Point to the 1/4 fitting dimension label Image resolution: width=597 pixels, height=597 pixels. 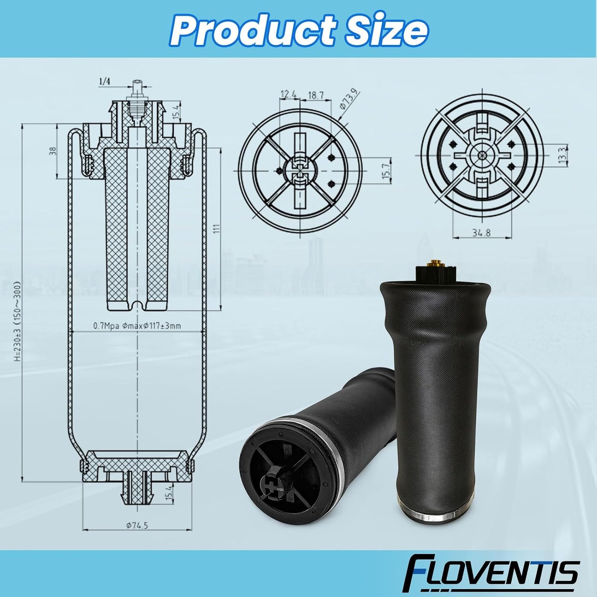pyautogui.click(x=105, y=81)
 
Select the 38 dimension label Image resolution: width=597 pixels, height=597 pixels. pyautogui.click(x=53, y=151)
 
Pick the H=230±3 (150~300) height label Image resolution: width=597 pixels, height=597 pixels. pyautogui.click(x=17, y=321)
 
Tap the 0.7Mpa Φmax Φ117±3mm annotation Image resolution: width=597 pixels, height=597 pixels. pyautogui.click(x=137, y=326)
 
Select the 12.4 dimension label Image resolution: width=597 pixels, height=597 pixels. pyautogui.click(x=287, y=95)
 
